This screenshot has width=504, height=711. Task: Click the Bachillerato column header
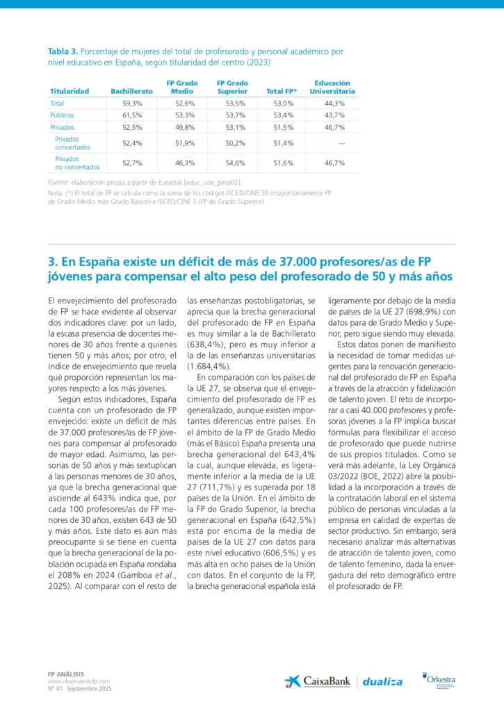click(131, 91)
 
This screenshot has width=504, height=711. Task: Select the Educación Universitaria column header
click(332, 87)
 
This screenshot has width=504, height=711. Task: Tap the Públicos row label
click(62, 115)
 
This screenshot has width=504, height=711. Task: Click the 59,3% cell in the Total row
click(132, 103)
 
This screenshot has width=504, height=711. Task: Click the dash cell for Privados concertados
click(341, 144)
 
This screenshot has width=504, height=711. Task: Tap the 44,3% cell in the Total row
click(334, 103)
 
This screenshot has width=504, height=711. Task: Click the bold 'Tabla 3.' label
click(63, 52)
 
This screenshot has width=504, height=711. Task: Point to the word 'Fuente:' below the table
click(58, 182)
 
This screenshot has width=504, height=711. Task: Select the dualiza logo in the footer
click(382, 682)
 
